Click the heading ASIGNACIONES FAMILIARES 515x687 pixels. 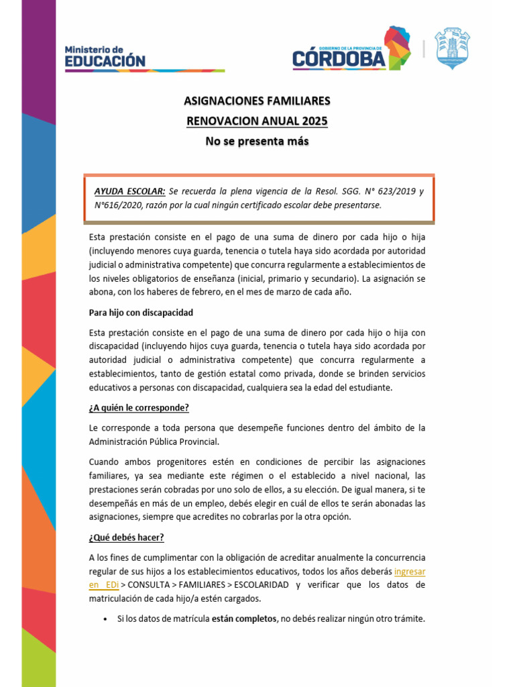(x=257, y=101)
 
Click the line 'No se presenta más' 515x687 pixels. (x=257, y=142)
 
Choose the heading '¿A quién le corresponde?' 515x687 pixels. (x=139, y=407)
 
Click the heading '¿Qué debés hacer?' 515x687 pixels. (x=127, y=537)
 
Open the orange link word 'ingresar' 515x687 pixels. (x=410, y=572)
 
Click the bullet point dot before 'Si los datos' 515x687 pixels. (x=106, y=619)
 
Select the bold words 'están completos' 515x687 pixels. (x=243, y=619)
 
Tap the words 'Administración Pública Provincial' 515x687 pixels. (x=154, y=441)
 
